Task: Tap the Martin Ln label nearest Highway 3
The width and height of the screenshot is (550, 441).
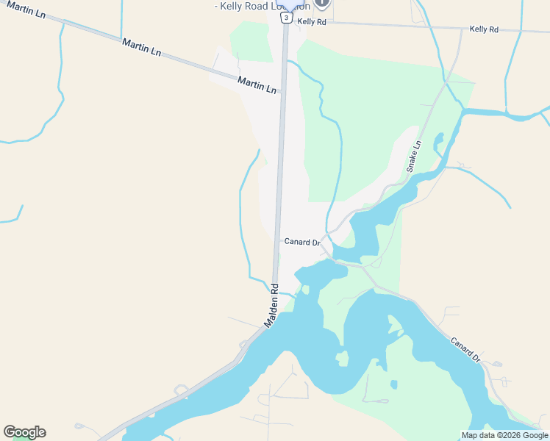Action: coord(257,85)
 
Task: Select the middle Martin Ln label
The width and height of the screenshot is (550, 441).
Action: coord(141,47)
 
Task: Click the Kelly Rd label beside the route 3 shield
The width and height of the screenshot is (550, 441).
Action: coord(311,22)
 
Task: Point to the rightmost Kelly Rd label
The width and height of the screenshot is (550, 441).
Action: coord(484,29)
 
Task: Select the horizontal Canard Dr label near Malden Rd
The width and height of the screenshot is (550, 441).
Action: coord(302,242)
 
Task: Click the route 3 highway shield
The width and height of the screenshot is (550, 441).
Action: coord(285,18)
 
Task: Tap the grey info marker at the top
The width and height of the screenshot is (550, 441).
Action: coord(321,3)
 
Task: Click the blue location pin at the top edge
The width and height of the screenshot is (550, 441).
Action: coord(287,4)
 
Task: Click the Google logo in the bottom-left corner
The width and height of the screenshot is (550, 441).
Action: coord(25,432)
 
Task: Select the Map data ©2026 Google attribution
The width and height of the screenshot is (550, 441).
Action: coord(504,435)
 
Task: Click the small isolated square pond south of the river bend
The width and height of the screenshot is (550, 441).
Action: coord(394,384)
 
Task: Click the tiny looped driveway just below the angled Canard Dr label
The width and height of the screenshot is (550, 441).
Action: coord(496,364)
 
